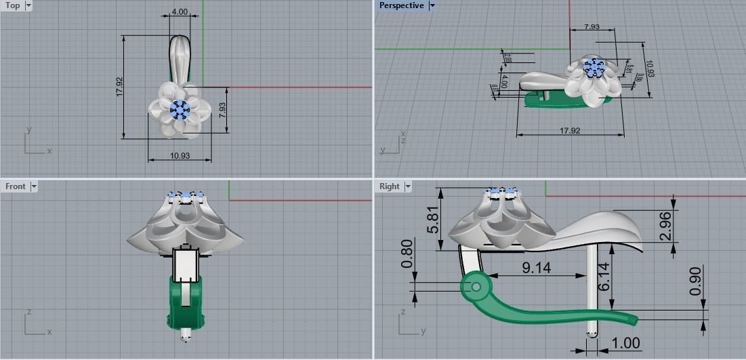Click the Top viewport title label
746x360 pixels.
[13, 5]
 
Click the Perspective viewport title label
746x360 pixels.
[401, 5]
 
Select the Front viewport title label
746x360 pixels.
[15, 186]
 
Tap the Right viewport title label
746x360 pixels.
[390, 186]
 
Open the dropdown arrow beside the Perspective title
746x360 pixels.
[432, 5]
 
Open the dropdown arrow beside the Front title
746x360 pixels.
[33, 186]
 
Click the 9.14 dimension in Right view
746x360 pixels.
[536, 268]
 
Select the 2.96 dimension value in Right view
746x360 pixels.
[665, 226]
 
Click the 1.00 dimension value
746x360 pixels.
[625, 343]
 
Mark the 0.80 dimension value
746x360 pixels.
[407, 254]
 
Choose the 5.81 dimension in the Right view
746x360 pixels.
[433, 220]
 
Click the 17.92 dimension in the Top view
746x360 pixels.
[119, 85]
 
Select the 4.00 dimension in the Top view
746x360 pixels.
[180, 12]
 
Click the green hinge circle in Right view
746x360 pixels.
[476, 287]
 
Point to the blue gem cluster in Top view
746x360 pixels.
[180, 109]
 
